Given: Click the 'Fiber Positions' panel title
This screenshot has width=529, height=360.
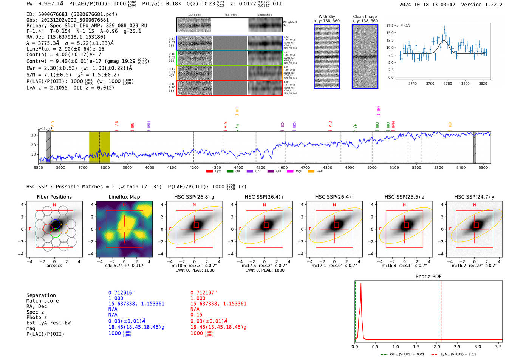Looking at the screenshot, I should point(54,197).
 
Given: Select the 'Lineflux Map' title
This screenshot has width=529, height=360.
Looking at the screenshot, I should point(124,197).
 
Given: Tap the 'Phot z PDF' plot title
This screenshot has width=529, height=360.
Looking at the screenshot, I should point(428,277).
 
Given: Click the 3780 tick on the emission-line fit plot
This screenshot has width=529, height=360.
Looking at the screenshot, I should point(447,83).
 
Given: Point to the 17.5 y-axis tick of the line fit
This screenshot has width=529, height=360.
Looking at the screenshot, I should point(390,26).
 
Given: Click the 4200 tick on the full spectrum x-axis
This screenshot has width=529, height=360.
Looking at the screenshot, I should point(194,167).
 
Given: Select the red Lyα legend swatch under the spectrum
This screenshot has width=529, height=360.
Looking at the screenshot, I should point(209,172).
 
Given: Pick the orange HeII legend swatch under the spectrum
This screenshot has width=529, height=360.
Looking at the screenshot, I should point(311,172).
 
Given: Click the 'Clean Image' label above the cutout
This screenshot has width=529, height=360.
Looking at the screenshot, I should point(365,17).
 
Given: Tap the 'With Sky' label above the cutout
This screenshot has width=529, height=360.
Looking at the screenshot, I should point(326,17).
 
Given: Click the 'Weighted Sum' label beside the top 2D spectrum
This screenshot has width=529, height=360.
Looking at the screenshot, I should point(289,24).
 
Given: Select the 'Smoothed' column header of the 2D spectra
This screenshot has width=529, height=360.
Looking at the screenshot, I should point(264,15).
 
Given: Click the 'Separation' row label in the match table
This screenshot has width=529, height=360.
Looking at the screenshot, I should point(41,295).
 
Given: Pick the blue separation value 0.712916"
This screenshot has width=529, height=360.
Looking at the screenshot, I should point(121,293).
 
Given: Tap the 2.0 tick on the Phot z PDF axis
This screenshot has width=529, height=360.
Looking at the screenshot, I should point(436,346).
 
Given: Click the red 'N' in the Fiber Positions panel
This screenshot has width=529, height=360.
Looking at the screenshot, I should point(54,205).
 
